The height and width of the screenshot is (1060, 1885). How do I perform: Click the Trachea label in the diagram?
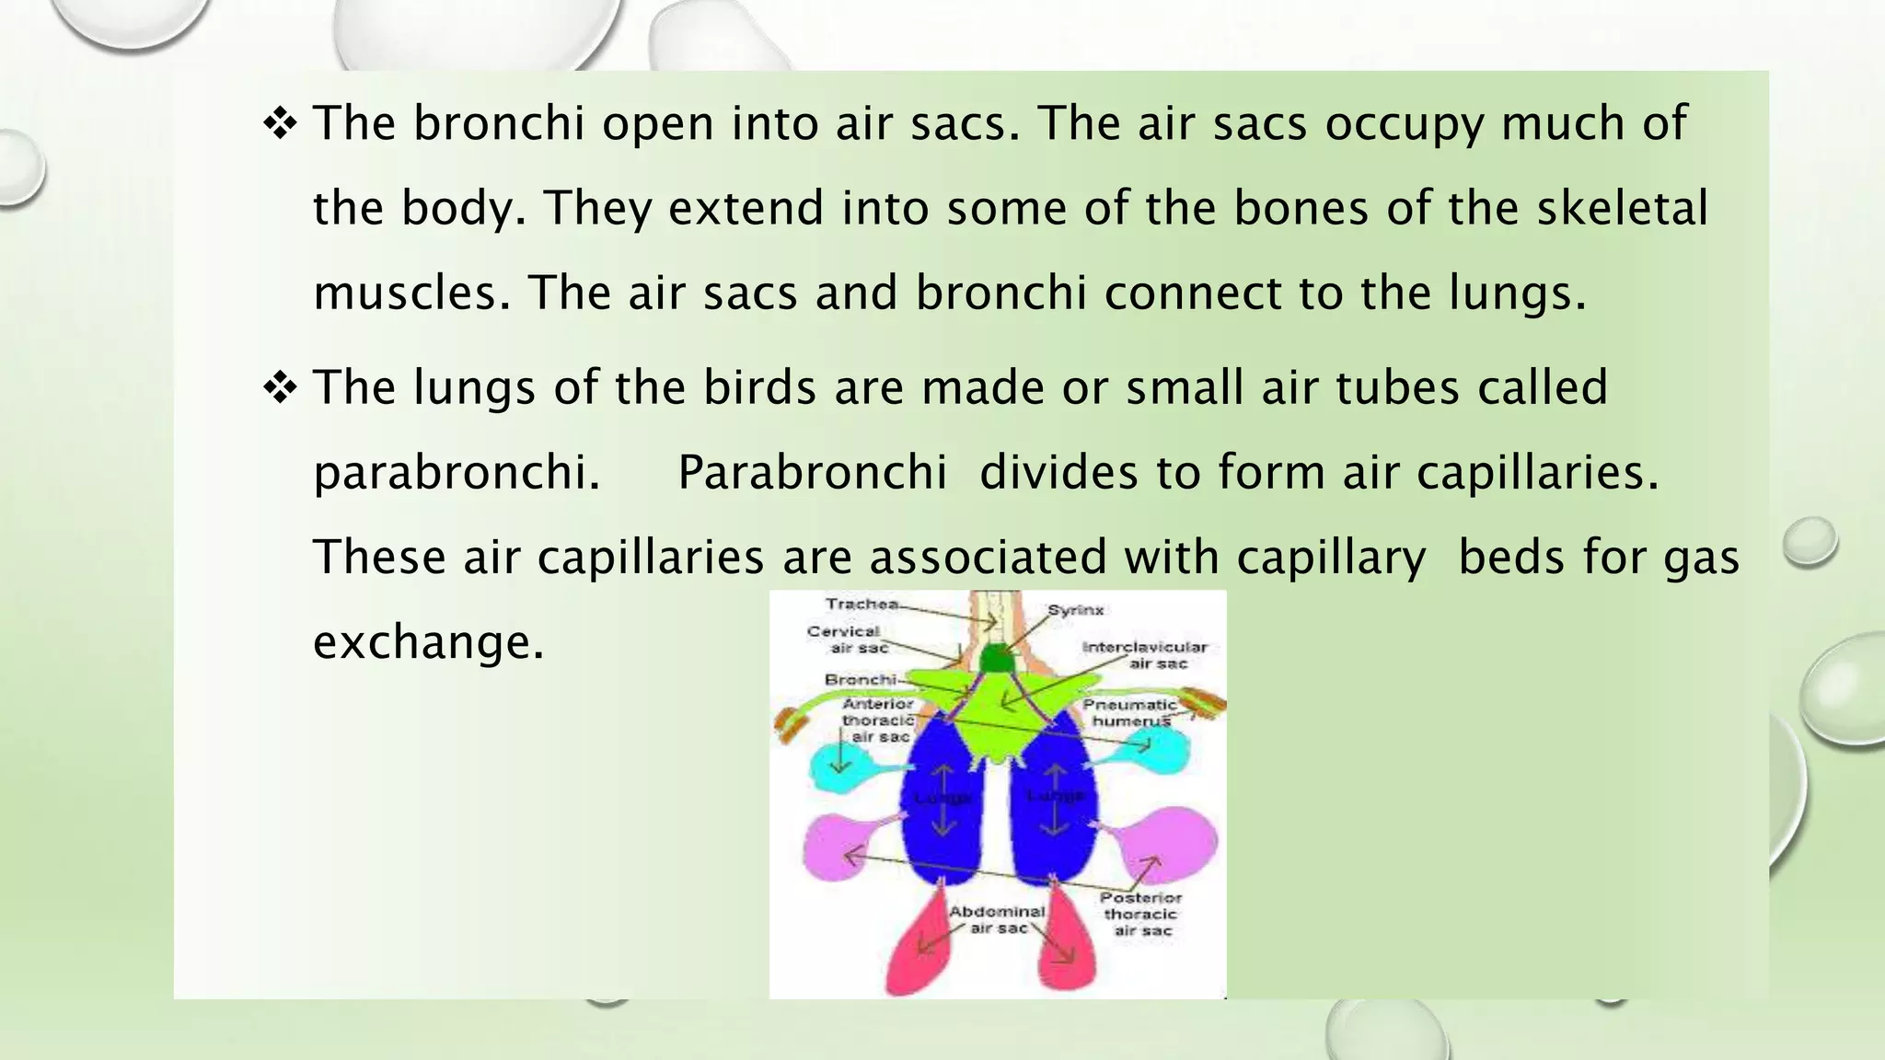(x=862, y=605)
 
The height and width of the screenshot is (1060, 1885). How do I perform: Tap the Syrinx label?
(x=1075, y=610)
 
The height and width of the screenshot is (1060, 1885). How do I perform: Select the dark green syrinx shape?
(x=995, y=659)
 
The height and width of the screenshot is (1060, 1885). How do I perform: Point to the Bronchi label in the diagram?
(x=860, y=680)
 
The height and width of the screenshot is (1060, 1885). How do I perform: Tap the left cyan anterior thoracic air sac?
(x=840, y=763)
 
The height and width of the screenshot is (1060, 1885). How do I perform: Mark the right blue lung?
(x=1054, y=801)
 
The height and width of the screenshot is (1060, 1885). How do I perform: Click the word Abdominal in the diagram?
(x=997, y=911)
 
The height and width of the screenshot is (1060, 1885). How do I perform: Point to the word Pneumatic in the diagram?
(x=1129, y=705)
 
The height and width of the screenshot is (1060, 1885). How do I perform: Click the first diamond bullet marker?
(x=280, y=123)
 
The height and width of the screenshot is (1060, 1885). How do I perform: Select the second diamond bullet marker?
(x=280, y=387)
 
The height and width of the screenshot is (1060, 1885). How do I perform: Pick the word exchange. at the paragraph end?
(x=429, y=641)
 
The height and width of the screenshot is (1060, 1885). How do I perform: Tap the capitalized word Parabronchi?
(x=812, y=472)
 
